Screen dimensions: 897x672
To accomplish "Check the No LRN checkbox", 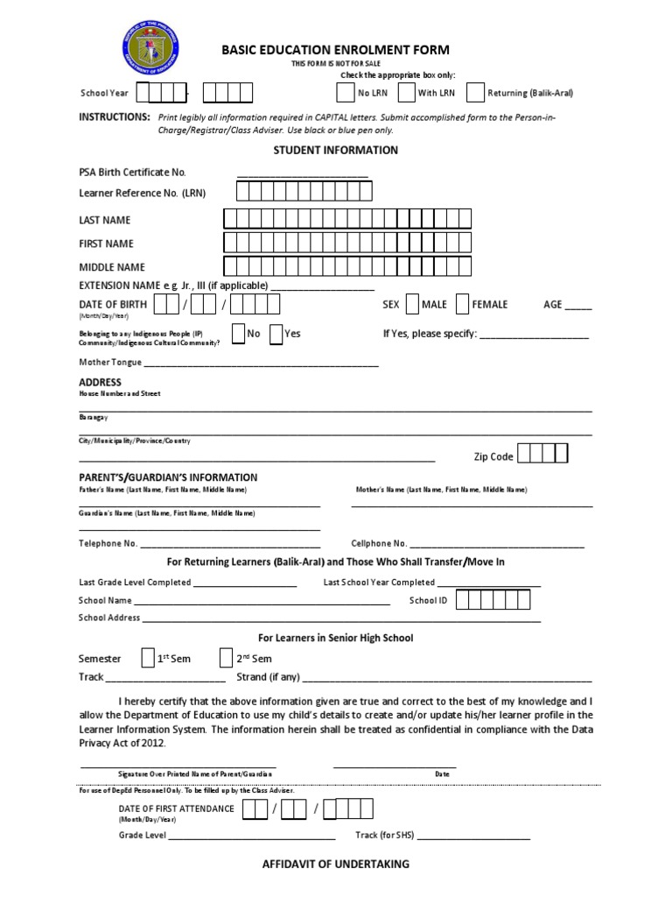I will pos(345,93).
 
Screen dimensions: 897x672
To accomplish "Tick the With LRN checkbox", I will pos(405,93).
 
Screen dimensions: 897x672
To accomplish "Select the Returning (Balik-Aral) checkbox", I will pos(474,93).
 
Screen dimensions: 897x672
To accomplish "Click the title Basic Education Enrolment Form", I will pos(337,51).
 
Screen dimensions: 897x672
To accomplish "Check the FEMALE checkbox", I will pos(462,304).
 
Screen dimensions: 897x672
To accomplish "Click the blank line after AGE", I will pos(578,307).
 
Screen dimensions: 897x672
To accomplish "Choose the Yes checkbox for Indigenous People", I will pos(276,334).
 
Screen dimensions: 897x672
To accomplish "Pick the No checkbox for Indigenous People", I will pos(238,334).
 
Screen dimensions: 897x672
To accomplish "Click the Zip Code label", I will pos(493,456).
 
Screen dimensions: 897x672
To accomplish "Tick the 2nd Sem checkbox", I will pos(226,658).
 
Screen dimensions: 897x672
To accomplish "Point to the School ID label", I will pos(429,601).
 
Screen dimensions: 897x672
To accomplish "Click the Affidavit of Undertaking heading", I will pos(336,864).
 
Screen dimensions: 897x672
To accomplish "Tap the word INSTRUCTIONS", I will pos(114,117).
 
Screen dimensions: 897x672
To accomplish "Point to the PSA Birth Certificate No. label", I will pos(132,173).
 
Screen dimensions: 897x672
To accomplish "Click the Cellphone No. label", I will pos(379,544).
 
